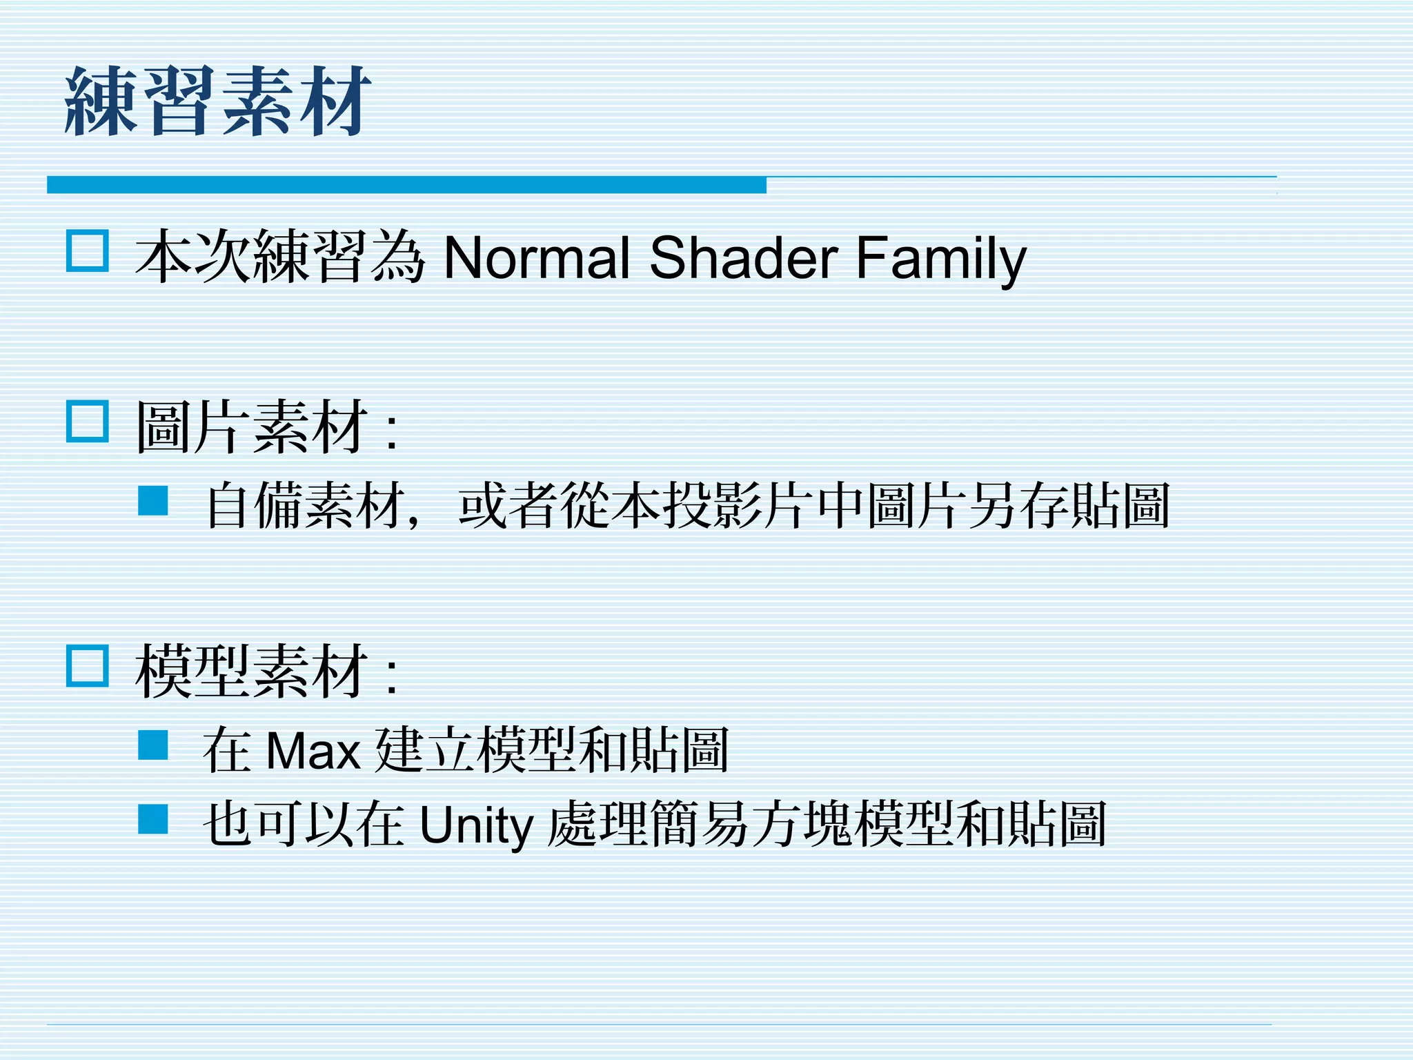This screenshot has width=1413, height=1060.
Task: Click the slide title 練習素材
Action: [x=218, y=101]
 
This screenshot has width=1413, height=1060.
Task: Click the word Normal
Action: [x=537, y=258]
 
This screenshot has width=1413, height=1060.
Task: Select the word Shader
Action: [x=744, y=258]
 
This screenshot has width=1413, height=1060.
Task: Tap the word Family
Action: [x=941, y=258]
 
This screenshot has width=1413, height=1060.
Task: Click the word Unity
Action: [x=476, y=825]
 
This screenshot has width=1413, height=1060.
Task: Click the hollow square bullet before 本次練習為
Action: [x=88, y=251]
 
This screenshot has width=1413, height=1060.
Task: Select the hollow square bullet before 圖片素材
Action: [x=88, y=421]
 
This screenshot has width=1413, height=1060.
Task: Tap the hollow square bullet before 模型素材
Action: [x=88, y=666]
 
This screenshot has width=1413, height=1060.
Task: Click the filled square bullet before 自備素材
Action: [x=153, y=501]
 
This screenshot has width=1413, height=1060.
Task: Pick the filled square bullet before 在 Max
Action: [x=153, y=745]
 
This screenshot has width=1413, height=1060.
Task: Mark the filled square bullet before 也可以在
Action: [x=153, y=820]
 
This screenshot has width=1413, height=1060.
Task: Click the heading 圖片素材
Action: [x=251, y=428]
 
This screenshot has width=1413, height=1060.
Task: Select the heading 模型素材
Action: [x=251, y=672]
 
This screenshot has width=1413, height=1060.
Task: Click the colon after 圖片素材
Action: [x=392, y=433]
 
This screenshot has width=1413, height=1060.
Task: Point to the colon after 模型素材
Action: [x=392, y=678]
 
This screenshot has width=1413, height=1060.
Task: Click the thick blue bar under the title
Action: [x=406, y=185]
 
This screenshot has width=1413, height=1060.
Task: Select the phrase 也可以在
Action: [x=304, y=824]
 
